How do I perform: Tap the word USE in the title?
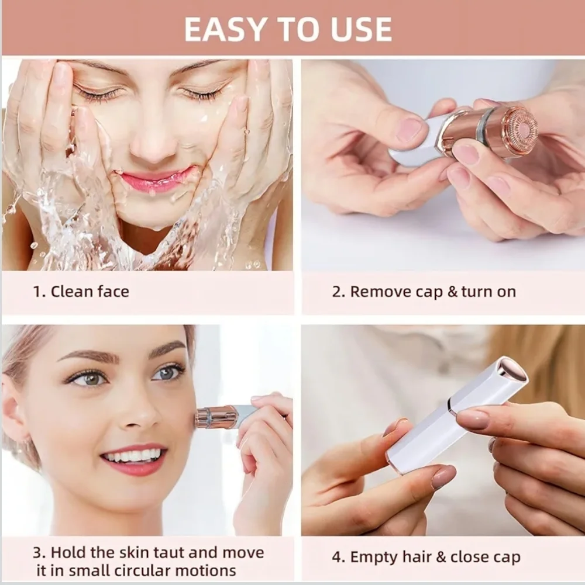(x=361, y=29)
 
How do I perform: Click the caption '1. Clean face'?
(x=81, y=291)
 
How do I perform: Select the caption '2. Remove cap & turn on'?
(x=424, y=292)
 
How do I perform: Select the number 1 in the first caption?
(x=36, y=291)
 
